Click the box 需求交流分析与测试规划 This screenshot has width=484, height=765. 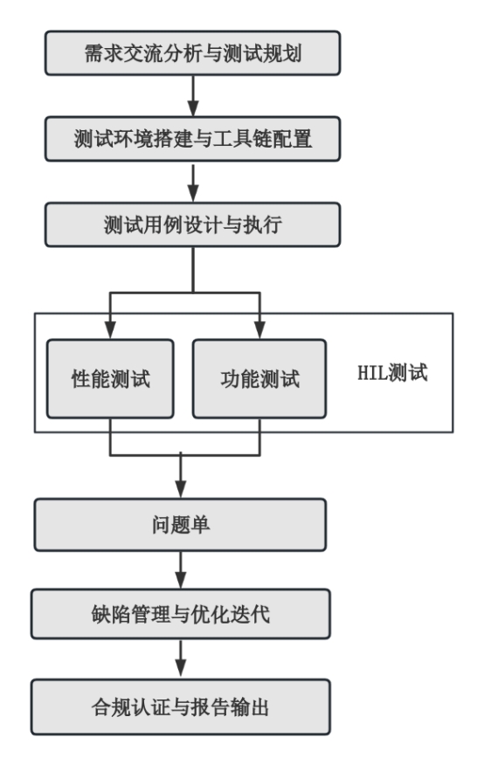pyautogui.click(x=193, y=53)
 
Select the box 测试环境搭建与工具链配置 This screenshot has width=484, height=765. pyautogui.click(x=193, y=139)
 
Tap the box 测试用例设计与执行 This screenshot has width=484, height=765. pyautogui.click(x=193, y=225)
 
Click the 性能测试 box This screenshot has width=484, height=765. pyautogui.click(x=110, y=379)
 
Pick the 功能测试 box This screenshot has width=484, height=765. pyautogui.click(x=259, y=379)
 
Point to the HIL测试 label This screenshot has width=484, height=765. pyautogui.click(x=393, y=373)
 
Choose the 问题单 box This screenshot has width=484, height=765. pyautogui.click(x=180, y=525)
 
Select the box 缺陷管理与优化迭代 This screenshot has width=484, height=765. pyautogui.click(x=181, y=614)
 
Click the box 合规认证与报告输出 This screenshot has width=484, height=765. pyautogui.click(x=181, y=707)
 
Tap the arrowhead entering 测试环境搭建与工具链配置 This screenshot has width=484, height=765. pyautogui.click(x=193, y=108)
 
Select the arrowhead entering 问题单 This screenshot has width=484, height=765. pyautogui.click(x=181, y=490)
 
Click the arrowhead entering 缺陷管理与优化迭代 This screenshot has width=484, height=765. pyautogui.click(x=181, y=581)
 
